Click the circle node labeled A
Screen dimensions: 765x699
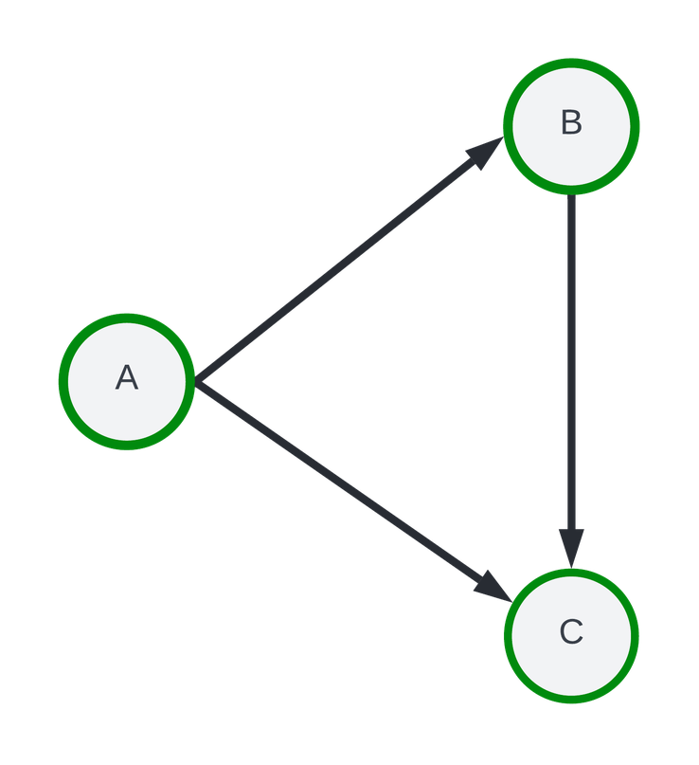tap(126, 380)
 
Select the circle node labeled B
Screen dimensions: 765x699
tap(571, 126)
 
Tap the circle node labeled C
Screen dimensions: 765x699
tap(571, 636)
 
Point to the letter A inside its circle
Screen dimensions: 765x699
tap(126, 378)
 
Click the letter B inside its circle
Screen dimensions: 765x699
tap(571, 123)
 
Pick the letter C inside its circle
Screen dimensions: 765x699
tap(571, 632)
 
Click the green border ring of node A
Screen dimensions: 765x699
tap(62, 380)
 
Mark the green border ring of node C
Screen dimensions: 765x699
tap(636, 636)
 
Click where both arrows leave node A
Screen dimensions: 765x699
tap(197, 381)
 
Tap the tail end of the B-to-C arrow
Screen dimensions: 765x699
tap(571, 201)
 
